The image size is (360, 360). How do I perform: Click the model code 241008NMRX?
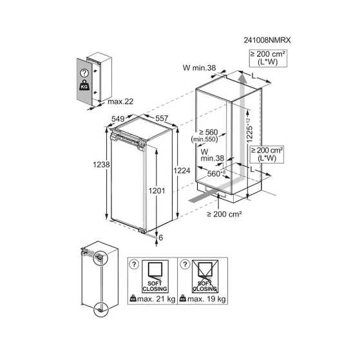pos(267,40)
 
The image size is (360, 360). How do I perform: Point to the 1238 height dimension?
pos(101,164)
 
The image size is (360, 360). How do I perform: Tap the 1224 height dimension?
pos(182,171)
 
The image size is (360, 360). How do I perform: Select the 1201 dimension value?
pos(156,191)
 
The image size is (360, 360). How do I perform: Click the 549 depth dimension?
pos(118,118)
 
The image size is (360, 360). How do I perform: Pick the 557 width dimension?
pos(162,118)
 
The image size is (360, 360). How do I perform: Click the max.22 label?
pos(120,102)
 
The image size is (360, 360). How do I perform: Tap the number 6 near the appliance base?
pos(161,238)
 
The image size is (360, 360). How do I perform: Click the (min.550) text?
pos(204,139)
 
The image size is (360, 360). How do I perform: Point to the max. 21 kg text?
pos(156,299)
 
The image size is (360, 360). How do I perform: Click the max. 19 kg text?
pos(206,299)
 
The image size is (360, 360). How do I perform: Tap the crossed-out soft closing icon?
pos(205,276)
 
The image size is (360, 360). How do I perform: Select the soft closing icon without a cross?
pos(155,276)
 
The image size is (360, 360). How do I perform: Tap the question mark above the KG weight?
pos(84,73)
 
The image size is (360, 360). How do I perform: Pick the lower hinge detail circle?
pos(100,310)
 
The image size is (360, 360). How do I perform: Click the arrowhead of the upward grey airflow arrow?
pos(242,77)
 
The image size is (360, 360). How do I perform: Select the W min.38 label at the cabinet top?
pos(199,68)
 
